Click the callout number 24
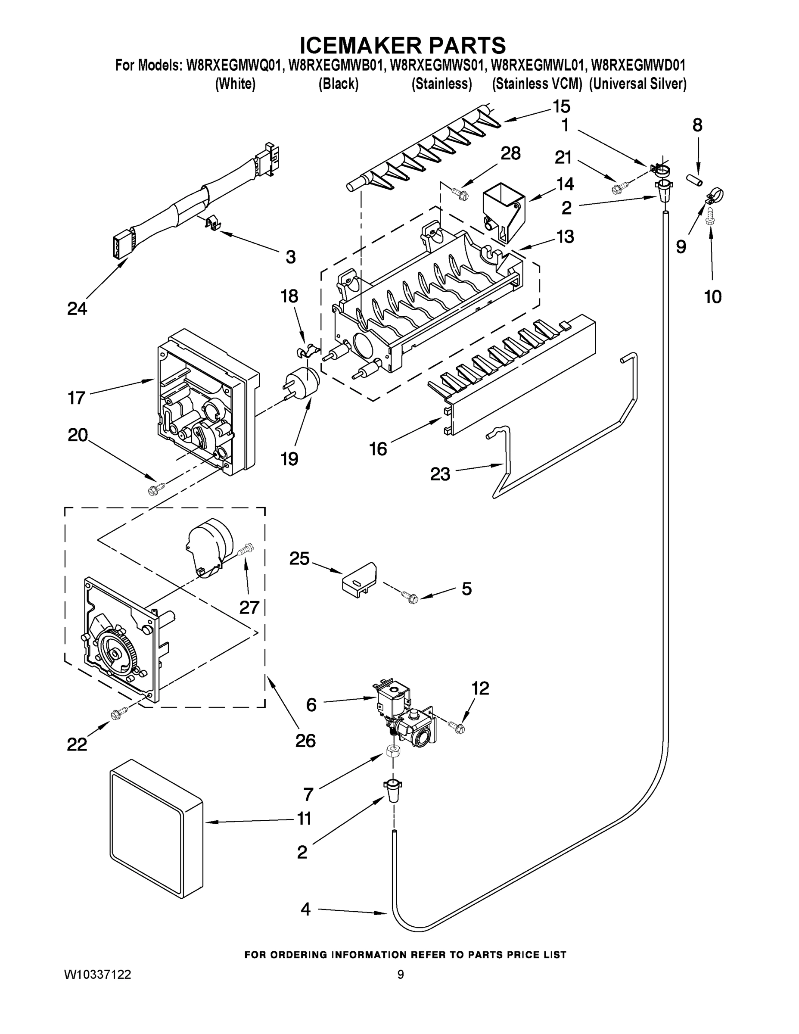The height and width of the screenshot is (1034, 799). [x=77, y=308]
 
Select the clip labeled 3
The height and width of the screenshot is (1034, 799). [x=215, y=222]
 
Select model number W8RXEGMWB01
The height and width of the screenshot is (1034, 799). [x=335, y=65]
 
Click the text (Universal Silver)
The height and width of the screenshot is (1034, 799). [x=637, y=84]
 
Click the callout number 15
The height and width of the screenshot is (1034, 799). [x=561, y=106]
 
